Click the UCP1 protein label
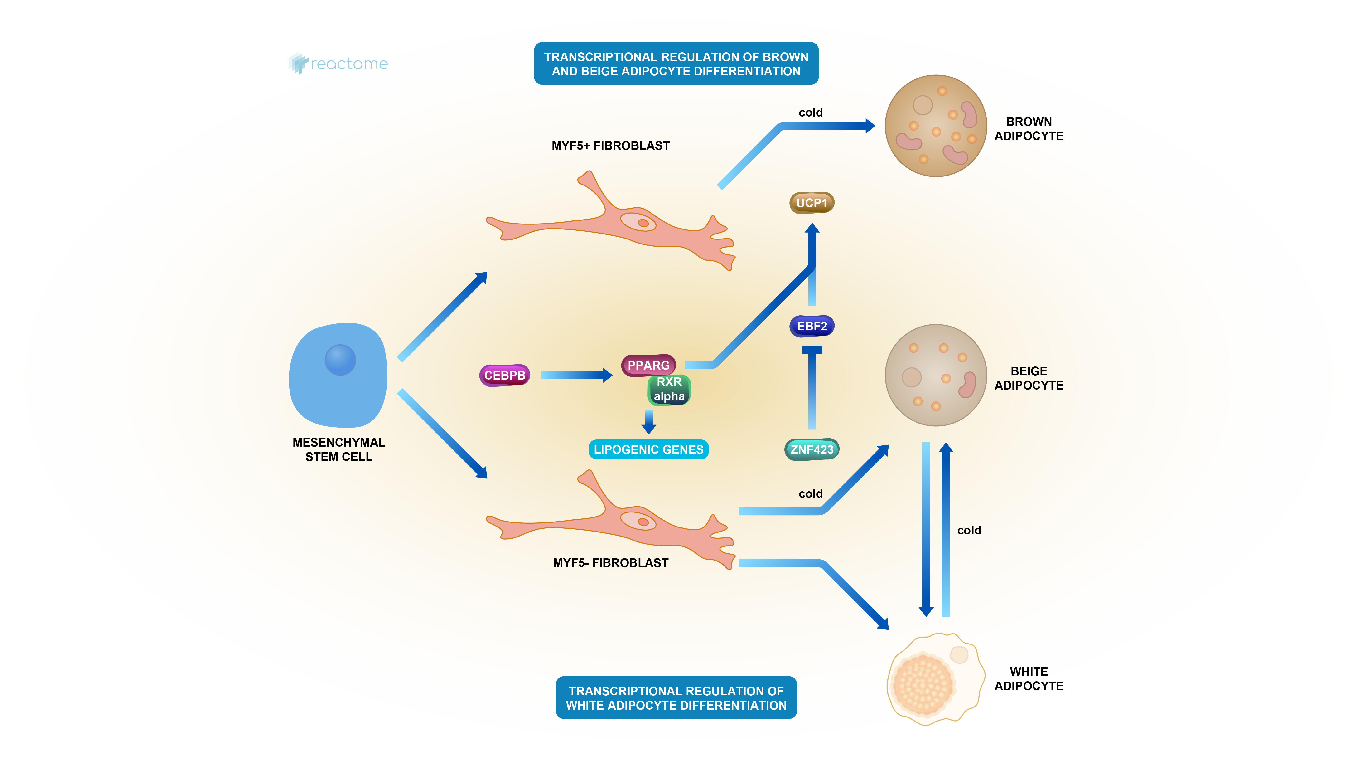click(812, 203)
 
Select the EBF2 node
click(812, 326)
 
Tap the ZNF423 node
click(812, 449)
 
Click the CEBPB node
click(504, 375)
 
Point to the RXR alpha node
click(669, 390)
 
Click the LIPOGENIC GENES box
click(648, 449)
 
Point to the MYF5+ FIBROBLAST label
click(610, 146)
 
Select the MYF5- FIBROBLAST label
click(610, 563)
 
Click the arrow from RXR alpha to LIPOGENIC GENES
click(649, 421)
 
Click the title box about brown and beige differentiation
click(676, 63)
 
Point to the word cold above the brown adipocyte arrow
click(810, 112)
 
